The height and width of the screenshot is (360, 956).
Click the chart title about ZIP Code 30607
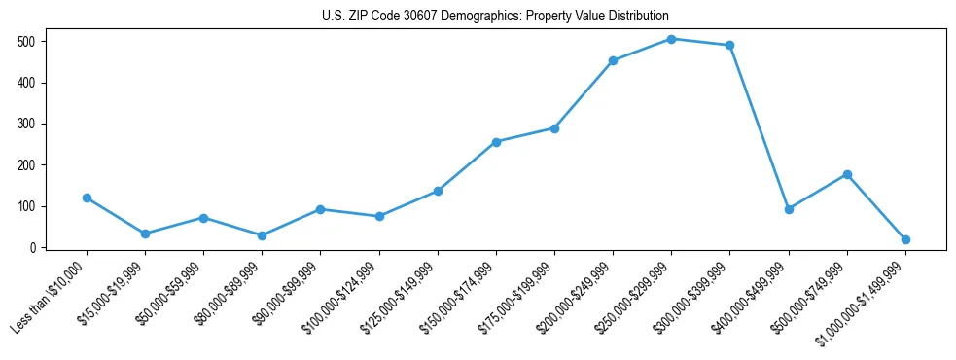pyautogui.click(x=495, y=17)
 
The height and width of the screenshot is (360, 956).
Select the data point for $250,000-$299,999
pyautogui.click(x=671, y=39)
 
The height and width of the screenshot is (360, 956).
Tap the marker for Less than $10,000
pyautogui.click(x=87, y=198)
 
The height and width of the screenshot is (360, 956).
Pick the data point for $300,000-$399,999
pyautogui.click(x=729, y=45)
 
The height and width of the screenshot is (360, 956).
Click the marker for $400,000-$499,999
pyautogui.click(x=789, y=209)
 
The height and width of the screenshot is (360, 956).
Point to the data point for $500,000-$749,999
pyautogui.click(x=847, y=174)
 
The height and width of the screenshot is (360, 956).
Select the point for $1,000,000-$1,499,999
pyautogui.click(x=905, y=239)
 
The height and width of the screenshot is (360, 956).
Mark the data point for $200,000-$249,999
pyautogui.click(x=613, y=60)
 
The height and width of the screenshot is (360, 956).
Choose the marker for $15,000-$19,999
pyautogui.click(x=145, y=234)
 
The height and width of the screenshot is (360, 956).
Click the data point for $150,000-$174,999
pyautogui.click(x=496, y=142)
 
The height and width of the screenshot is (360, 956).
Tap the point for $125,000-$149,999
pyautogui.click(x=438, y=191)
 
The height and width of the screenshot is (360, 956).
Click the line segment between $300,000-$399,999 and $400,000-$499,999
pyautogui.click(x=759, y=126)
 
